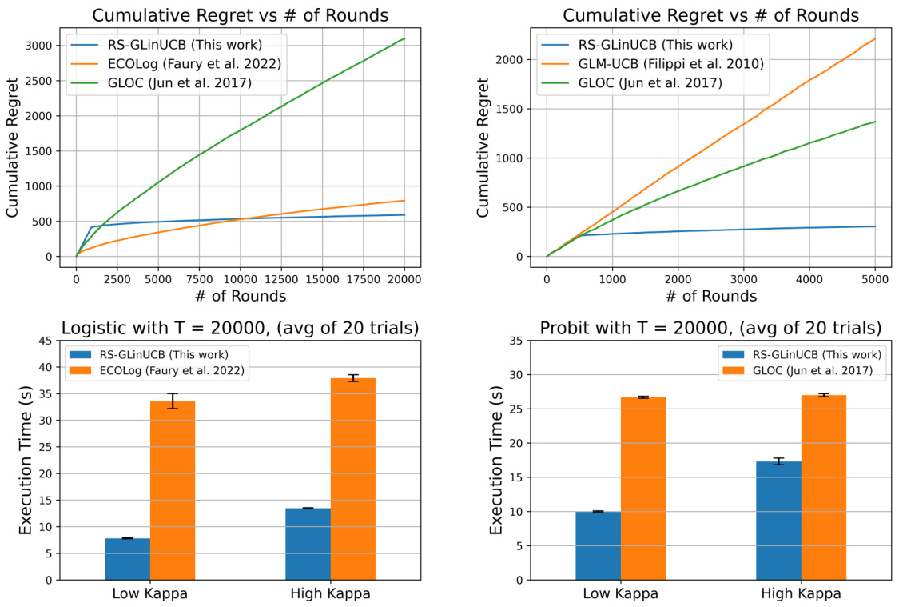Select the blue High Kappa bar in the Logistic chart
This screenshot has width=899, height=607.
308,543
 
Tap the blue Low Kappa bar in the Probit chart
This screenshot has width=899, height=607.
598,545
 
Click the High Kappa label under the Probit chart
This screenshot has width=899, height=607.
800,594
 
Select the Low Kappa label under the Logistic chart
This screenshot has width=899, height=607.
150,594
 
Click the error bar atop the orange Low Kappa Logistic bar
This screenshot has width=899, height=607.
173,401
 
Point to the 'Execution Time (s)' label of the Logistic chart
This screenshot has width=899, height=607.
26,460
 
